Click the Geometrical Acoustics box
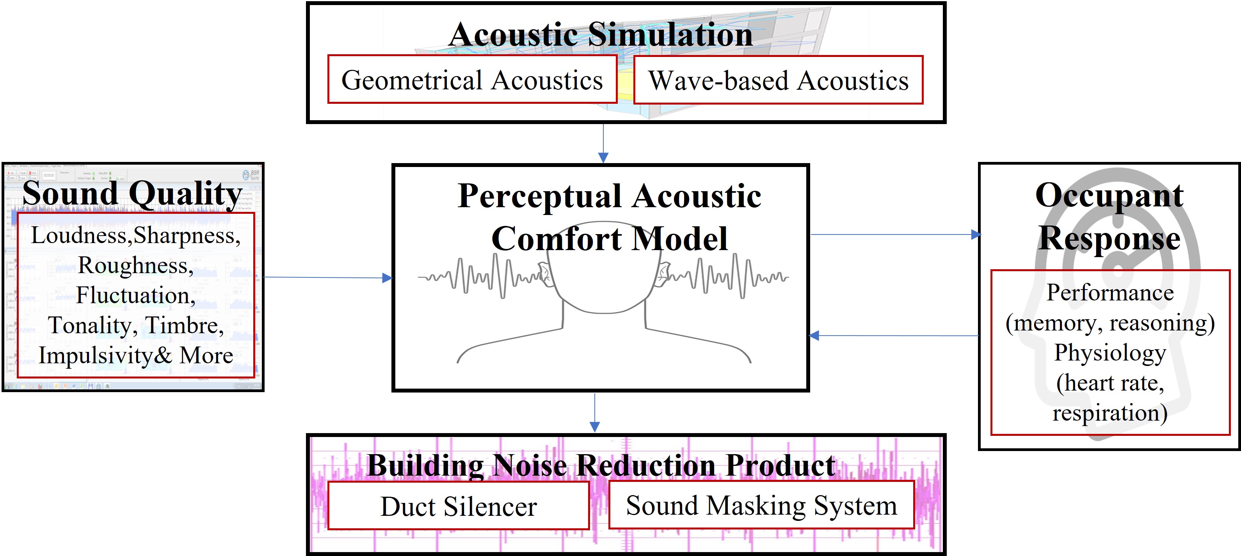coord(472,80)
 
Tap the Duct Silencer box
coord(458,506)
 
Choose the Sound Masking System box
coord(761,505)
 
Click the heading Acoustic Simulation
coord(600,35)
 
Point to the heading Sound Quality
coord(132,194)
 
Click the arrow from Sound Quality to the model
coord(327,277)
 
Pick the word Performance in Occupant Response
coord(1109,293)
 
